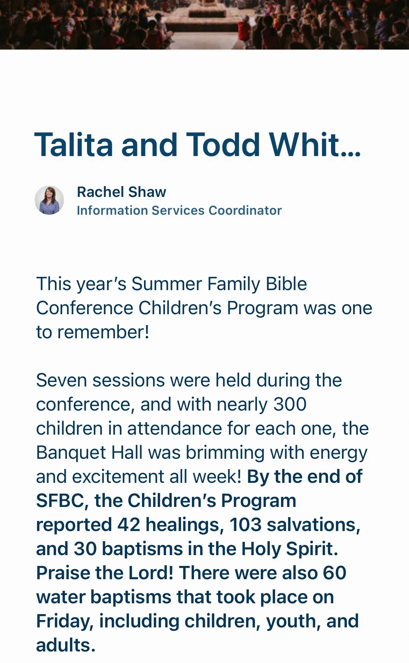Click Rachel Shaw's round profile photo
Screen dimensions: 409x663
coord(49,200)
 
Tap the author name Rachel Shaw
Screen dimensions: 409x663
coord(121,192)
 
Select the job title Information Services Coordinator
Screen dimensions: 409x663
coord(179,211)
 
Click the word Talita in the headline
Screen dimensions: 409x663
coord(74,145)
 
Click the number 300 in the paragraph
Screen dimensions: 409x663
coord(290,404)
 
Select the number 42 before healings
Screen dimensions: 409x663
coord(129,525)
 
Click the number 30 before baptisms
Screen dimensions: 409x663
coord(85,549)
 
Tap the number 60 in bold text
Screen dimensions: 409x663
coord(335,573)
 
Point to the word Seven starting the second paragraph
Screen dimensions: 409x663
coord(61,380)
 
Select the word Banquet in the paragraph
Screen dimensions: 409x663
coord(72,453)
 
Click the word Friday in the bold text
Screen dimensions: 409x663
coord(65,622)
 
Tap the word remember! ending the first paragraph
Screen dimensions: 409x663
coord(103,332)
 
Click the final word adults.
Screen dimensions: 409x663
coord(66,645)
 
